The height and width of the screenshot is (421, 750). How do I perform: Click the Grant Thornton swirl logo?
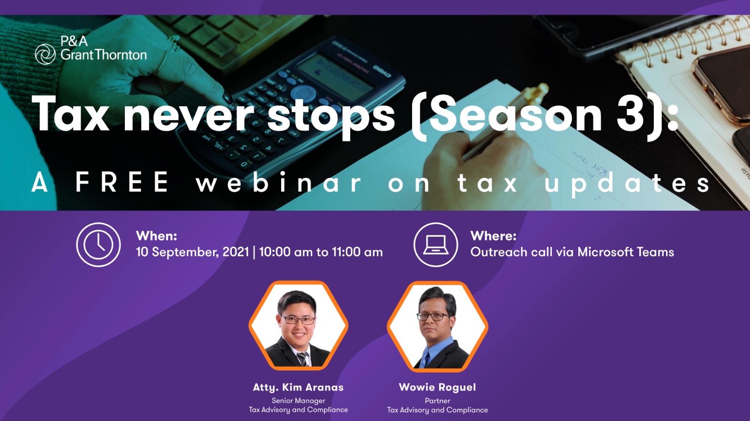[45, 54]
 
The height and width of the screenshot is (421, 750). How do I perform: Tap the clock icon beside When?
[99, 245]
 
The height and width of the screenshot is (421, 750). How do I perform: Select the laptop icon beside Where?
[436, 245]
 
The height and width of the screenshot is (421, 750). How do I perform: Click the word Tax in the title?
[70, 114]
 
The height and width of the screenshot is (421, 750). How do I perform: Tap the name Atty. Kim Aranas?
[298, 388]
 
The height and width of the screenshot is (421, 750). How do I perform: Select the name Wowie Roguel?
[437, 388]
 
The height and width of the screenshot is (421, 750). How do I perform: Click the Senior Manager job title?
[298, 401]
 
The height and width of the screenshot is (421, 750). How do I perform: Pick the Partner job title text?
[437, 401]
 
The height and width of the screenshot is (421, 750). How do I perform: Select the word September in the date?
[185, 252]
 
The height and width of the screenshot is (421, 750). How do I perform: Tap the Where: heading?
[493, 236]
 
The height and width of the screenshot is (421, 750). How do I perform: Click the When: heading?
[156, 236]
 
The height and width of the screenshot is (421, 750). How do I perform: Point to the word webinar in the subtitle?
[279, 182]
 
